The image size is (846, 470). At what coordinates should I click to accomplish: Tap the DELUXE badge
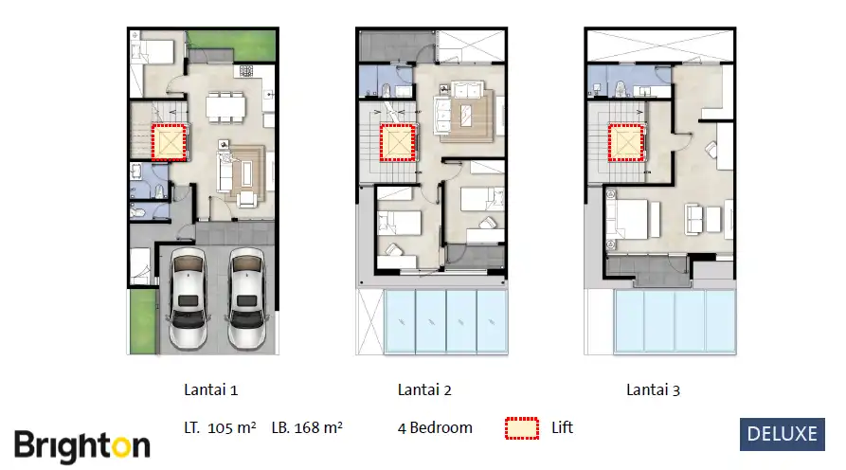[783, 434]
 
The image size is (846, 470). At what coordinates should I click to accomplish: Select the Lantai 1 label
[210, 389]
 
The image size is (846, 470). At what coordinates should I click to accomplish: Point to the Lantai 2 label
[424, 389]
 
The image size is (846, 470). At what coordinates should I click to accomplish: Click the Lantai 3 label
[653, 389]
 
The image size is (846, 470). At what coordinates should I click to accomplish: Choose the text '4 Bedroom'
[435, 427]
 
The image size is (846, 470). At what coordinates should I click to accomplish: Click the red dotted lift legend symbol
[520, 428]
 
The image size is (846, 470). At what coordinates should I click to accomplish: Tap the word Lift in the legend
[563, 427]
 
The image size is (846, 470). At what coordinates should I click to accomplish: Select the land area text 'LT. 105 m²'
[220, 427]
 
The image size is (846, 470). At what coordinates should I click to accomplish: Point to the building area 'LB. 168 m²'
[306, 427]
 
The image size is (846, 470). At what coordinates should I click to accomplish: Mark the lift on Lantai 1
[170, 143]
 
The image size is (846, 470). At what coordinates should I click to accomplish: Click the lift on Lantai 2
[397, 143]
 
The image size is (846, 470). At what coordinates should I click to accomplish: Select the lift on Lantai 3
[626, 143]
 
